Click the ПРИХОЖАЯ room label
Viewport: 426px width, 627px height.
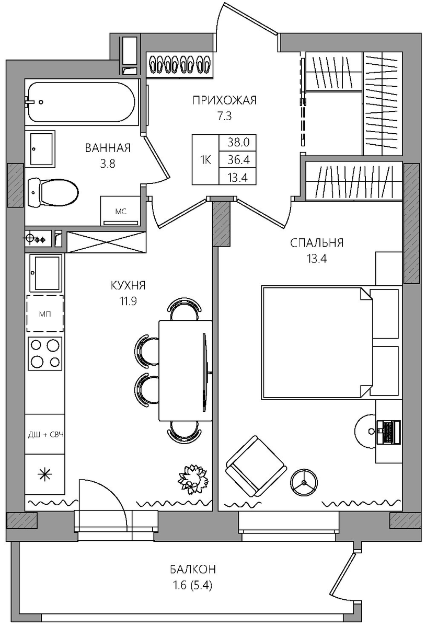(224, 100)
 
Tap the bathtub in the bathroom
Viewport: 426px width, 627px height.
(82, 102)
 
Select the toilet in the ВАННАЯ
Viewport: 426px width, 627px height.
(53, 192)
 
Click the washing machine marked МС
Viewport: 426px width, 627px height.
(120, 211)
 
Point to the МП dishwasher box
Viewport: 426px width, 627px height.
(45, 313)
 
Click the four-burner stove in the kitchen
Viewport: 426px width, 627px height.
(45, 354)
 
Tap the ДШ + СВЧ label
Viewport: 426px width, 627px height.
(45, 435)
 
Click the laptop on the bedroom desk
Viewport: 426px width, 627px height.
(388, 432)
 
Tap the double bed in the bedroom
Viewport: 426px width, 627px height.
(330, 342)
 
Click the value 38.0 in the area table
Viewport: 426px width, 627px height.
(238, 143)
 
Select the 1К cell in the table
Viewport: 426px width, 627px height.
(205, 160)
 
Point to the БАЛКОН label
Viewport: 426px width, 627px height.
(193, 569)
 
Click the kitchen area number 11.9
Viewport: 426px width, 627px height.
(128, 301)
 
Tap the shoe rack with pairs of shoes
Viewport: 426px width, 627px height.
(180, 64)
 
